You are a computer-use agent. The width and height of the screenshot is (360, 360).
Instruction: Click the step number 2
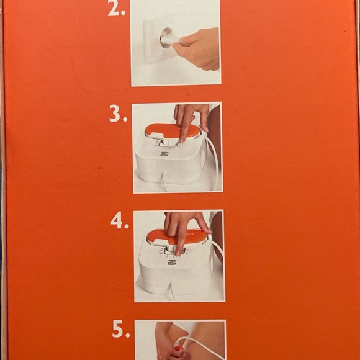click(117, 9)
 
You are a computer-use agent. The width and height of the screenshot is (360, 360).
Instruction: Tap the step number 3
click(118, 114)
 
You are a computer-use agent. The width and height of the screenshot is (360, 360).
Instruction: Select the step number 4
click(120, 221)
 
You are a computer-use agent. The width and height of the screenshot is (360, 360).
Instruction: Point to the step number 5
click(121, 329)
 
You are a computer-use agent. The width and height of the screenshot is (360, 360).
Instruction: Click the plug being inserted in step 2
click(169, 39)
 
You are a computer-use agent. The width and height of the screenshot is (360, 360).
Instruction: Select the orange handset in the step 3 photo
click(173, 132)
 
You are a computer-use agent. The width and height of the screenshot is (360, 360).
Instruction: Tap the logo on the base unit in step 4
click(172, 262)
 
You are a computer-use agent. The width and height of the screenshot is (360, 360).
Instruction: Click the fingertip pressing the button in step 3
click(181, 140)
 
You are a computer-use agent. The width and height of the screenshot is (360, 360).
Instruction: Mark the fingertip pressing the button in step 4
click(178, 253)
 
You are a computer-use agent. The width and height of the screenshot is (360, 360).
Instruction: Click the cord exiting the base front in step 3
click(164, 182)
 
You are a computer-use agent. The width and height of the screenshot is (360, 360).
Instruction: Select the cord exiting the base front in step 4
click(172, 291)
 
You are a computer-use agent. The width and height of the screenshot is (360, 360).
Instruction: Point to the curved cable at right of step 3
click(215, 161)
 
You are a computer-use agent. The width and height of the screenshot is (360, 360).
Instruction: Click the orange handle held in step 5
click(179, 351)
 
